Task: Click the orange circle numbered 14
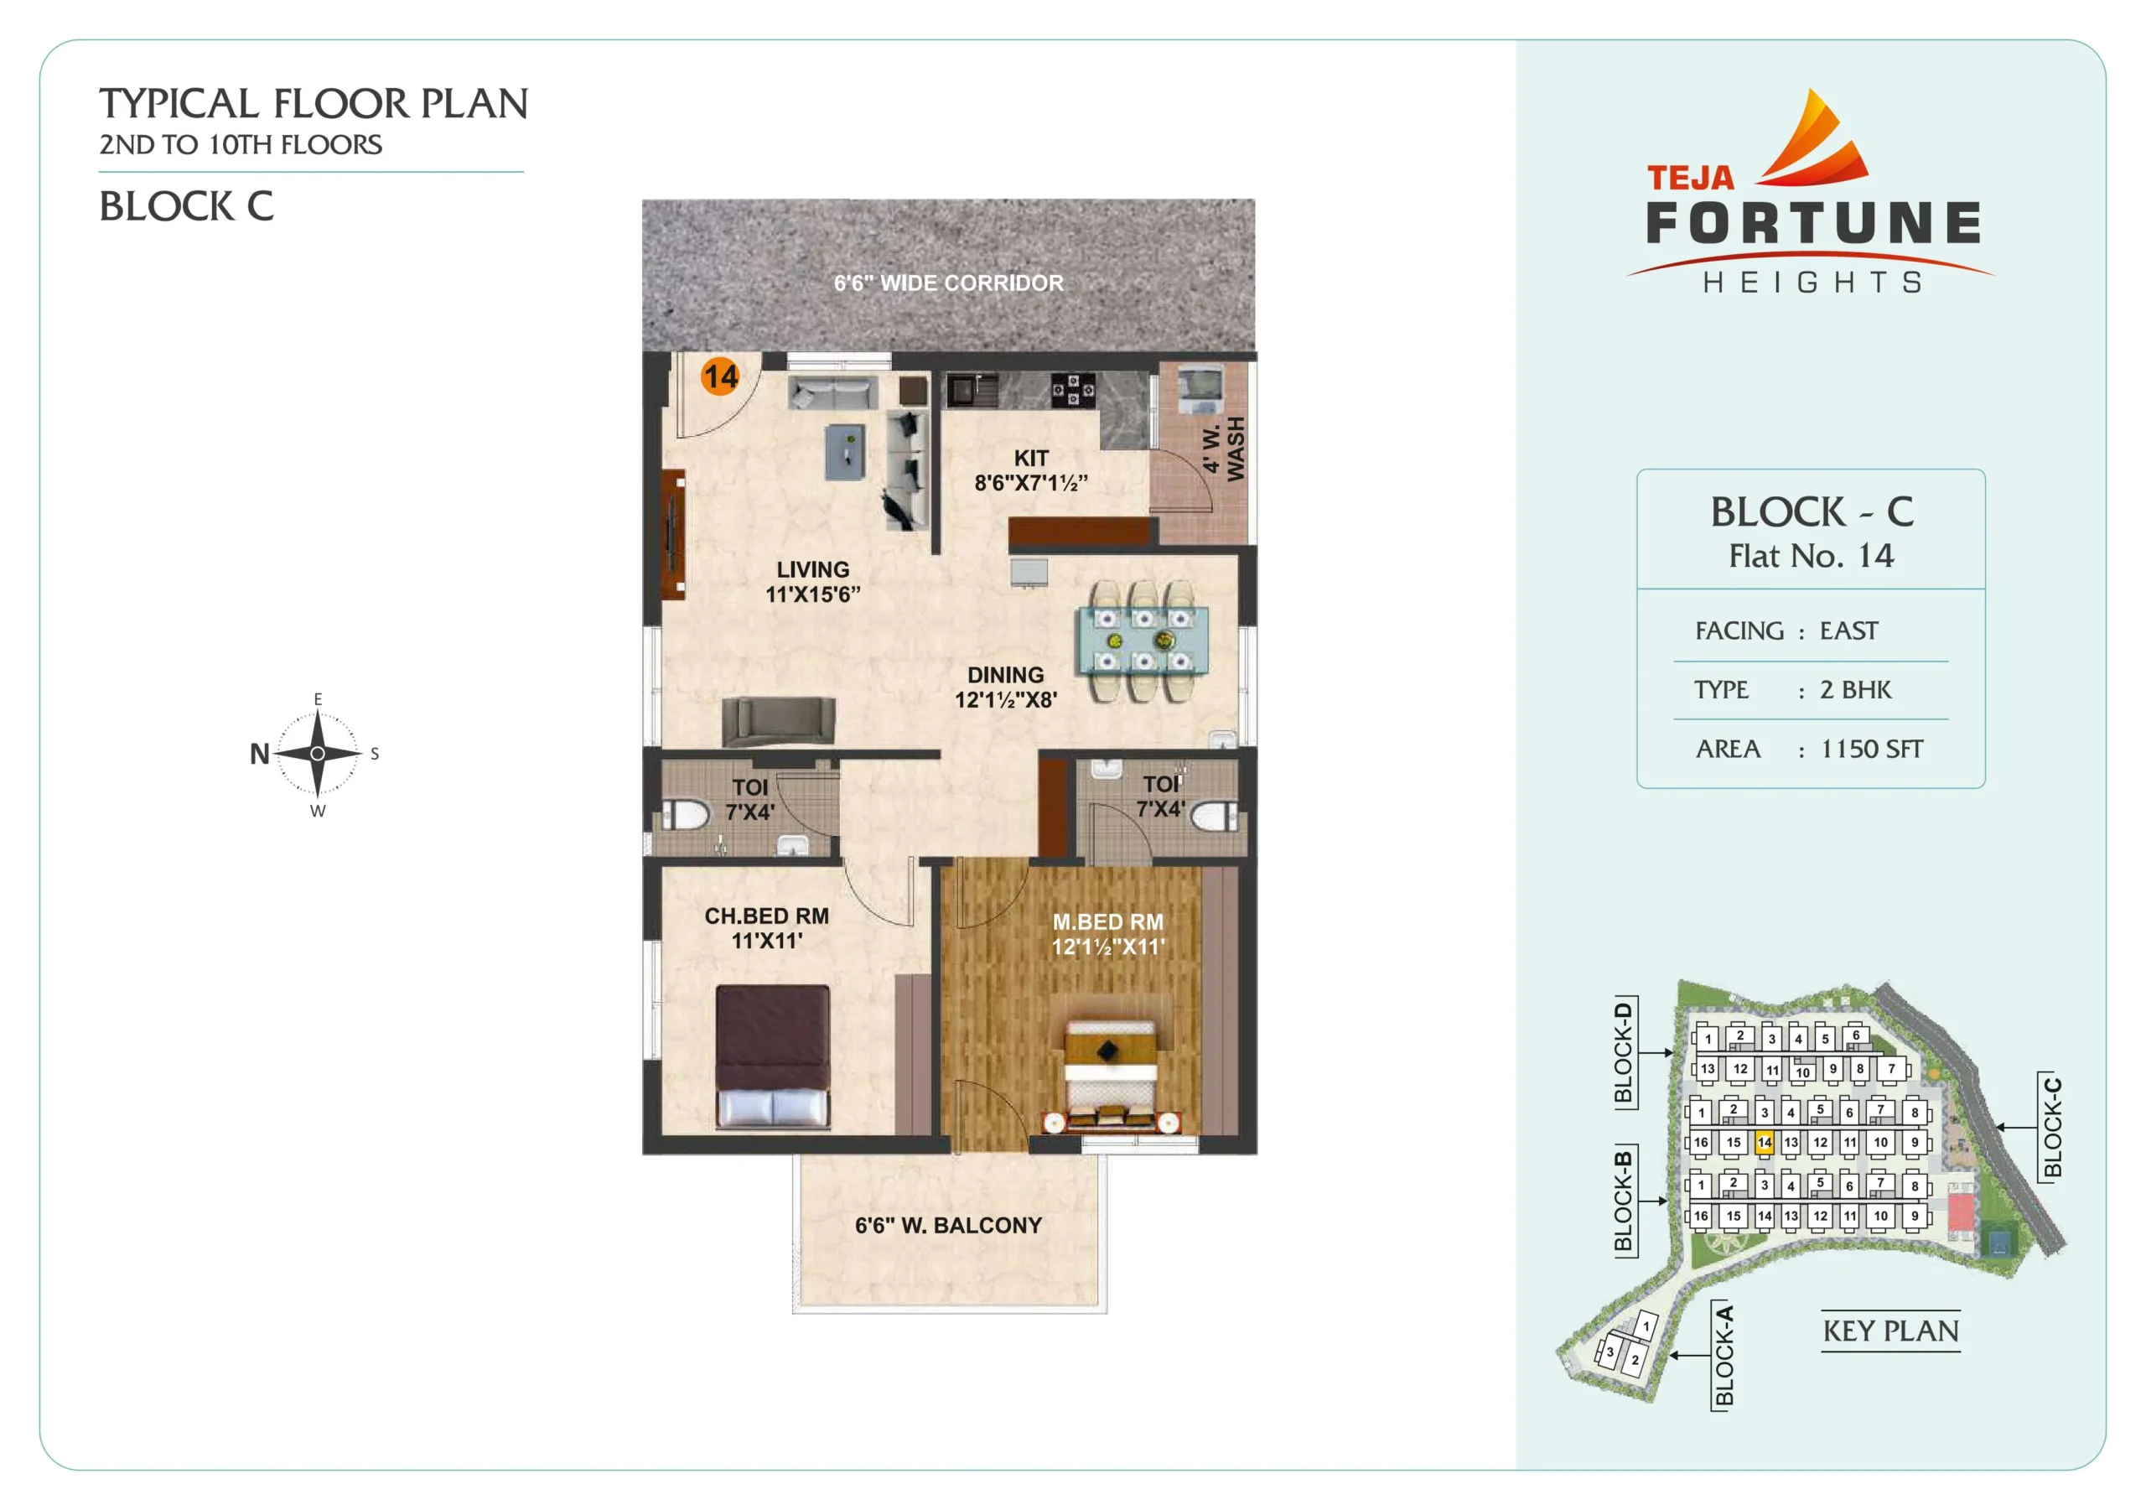tap(720, 376)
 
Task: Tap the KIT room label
tap(1031, 458)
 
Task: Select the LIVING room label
tap(813, 569)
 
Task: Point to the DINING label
tap(1006, 675)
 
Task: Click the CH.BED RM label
tap(766, 916)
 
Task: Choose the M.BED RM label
tap(1108, 922)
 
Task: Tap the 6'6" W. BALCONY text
tap(948, 1226)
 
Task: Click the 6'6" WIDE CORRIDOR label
tap(949, 283)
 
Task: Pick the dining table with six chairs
tap(1143, 641)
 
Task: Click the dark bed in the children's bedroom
tap(773, 1056)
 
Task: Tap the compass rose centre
tap(318, 754)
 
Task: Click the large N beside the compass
tap(260, 754)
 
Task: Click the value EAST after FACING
tap(1848, 631)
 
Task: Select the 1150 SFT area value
tap(1871, 749)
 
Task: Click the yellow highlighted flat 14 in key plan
tap(1764, 1143)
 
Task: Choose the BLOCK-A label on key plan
tap(1724, 1355)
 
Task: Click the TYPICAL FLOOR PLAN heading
tap(314, 104)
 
